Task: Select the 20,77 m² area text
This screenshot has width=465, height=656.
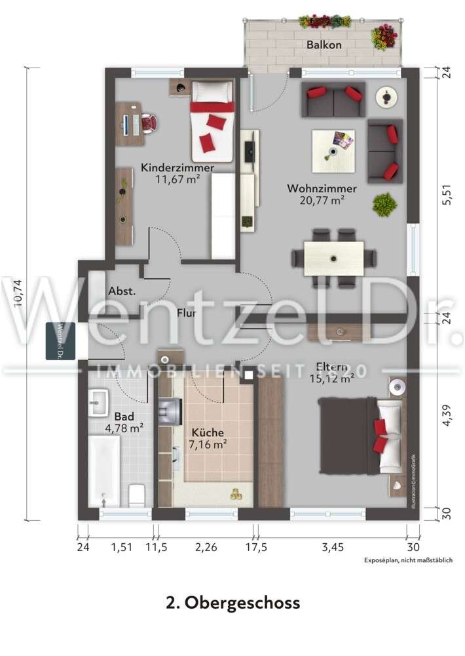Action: tap(322, 201)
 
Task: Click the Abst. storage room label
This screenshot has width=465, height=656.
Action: tap(122, 291)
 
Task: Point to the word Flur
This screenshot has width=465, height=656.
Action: tap(187, 314)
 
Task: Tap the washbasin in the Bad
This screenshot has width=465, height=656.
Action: tap(100, 401)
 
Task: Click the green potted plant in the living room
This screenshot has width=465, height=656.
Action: tap(384, 205)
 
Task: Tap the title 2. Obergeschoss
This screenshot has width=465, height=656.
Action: tap(232, 602)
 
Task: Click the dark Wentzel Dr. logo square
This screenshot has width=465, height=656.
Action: tap(60, 341)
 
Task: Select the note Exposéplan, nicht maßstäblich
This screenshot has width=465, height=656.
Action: tap(414, 562)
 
